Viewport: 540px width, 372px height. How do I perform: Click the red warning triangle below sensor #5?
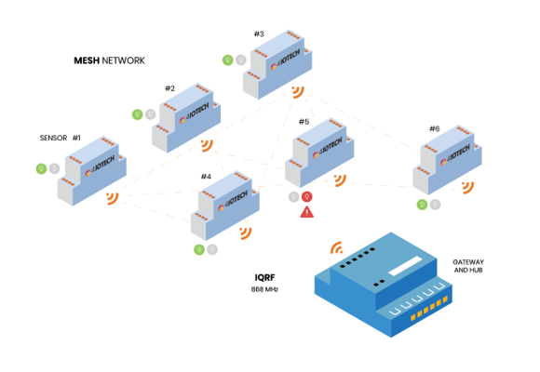point(307,212)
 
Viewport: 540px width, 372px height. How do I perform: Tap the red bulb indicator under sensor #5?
point(307,197)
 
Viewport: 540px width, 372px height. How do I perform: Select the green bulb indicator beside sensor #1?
point(41,168)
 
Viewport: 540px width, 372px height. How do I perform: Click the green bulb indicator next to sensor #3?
point(228,60)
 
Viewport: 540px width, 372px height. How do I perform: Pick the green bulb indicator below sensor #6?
point(422,205)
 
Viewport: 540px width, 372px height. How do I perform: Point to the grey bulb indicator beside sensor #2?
point(150,114)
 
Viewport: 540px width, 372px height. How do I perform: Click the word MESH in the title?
point(87,60)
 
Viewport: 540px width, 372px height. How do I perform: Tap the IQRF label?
point(264,277)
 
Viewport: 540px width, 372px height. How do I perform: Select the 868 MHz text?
point(264,289)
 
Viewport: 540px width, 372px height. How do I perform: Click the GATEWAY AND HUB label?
point(468,266)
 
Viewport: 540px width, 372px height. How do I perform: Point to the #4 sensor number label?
point(206,177)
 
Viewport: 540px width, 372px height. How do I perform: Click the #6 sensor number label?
point(434,128)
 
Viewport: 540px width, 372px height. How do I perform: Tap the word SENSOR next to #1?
point(53,138)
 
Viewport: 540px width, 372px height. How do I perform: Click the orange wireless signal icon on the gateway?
point(337,247)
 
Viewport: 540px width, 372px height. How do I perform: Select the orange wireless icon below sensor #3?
point(298,92)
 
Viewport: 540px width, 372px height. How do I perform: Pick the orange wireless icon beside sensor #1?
point(113,198)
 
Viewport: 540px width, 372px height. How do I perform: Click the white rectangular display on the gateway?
point(405,266)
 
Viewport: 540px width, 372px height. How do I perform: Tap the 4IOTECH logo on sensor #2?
point(195,113)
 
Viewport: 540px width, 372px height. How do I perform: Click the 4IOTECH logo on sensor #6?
point(455,154)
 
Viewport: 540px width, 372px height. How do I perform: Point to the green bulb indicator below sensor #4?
point(199,249)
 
